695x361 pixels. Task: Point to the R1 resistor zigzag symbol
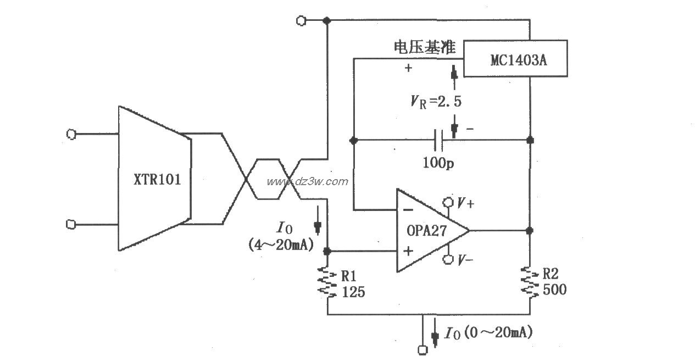tap(327, 282)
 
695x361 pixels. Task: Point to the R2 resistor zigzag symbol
tap(530, 282)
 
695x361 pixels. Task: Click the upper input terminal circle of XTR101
tap(70, 134)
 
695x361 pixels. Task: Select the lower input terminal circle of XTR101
tap(70, 224)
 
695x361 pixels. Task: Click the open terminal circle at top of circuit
tap(301, 20)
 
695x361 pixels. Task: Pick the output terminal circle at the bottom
tap(422, 349)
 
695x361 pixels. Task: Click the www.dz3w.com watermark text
tap(308, 182)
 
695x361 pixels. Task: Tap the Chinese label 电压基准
tap(424, 48)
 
